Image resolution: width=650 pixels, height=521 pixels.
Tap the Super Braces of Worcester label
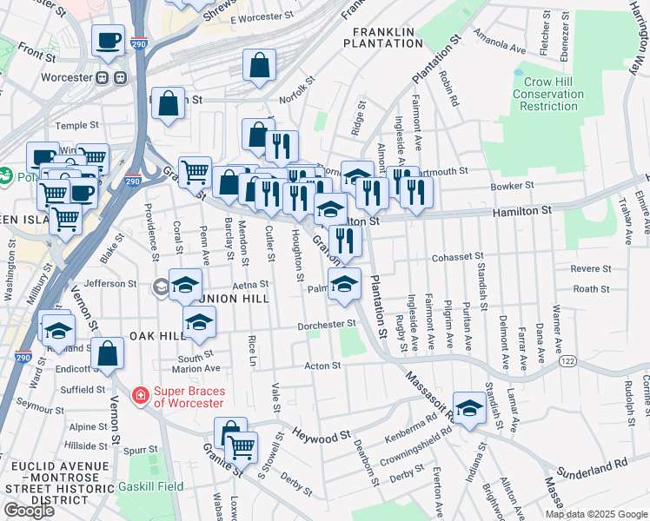click(188, 396)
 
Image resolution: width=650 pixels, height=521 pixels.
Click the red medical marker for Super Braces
click(139, 396)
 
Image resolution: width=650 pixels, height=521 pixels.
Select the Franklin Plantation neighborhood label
click(382, 36)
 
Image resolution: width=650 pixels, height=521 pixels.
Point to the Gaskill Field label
click(151, 486)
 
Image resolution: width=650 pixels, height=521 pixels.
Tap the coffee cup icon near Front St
click(109, 40)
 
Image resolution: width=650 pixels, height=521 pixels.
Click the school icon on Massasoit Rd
click(469, 407)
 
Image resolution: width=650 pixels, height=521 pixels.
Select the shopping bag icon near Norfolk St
click(260, 65)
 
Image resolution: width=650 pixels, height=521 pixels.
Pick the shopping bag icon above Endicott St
click(108, 353)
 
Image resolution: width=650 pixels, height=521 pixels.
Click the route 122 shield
click(568, 360)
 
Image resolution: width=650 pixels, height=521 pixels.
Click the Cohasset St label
click(457, 258)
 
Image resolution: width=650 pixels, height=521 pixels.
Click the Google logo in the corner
click(29, 510)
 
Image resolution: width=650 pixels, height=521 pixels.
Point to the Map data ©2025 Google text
click(596, 514)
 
